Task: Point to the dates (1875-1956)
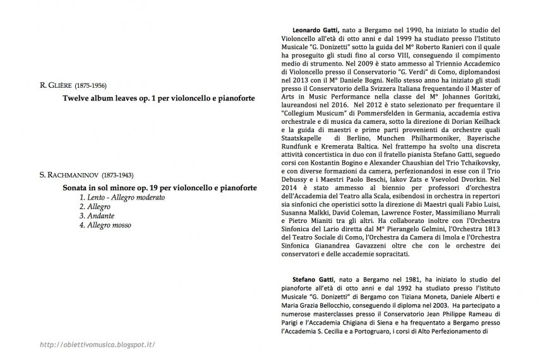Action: pyautogui.click(x=92, y=85)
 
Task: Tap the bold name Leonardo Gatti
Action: pyautogui.click(x=316, y=30)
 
